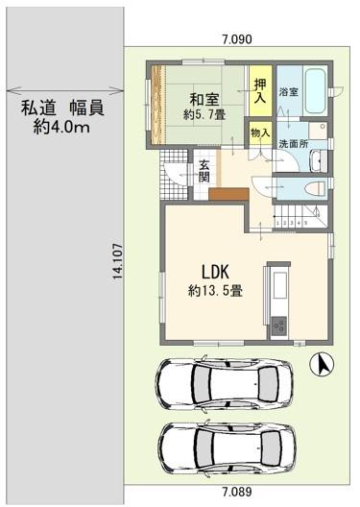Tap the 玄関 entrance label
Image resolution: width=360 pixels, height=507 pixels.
coord(204,171)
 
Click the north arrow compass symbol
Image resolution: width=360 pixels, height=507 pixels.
coord(323,364)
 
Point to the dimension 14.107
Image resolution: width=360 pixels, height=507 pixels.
coord(117,259)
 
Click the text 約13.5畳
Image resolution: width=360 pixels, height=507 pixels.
coord(215,292)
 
